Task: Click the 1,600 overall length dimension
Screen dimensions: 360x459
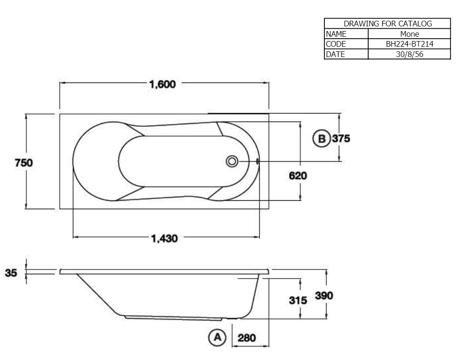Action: (x=162, y=85)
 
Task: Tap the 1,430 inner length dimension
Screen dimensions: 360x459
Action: (x=164, y=239)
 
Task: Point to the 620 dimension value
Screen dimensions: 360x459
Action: (x=298, y=176)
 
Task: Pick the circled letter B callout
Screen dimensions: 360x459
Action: (x=322, y=139)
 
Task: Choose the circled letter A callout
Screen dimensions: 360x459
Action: (x=217, y=337)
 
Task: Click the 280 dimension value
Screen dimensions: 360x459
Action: (x=247, y=338)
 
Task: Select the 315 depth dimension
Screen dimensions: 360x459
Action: (x=298, y=300)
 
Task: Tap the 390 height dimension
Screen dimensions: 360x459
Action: (x=324, y=296)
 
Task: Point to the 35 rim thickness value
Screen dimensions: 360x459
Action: (x=11, y=272)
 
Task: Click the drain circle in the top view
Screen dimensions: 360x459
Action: (x=231, y=162)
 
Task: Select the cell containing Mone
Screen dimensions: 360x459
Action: (x=410, y=34)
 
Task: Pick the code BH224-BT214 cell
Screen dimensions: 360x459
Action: (x=410, y=44)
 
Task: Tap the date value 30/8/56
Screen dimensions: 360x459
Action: (x=410, y=54)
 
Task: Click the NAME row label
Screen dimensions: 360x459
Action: (x=336, y=34)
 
